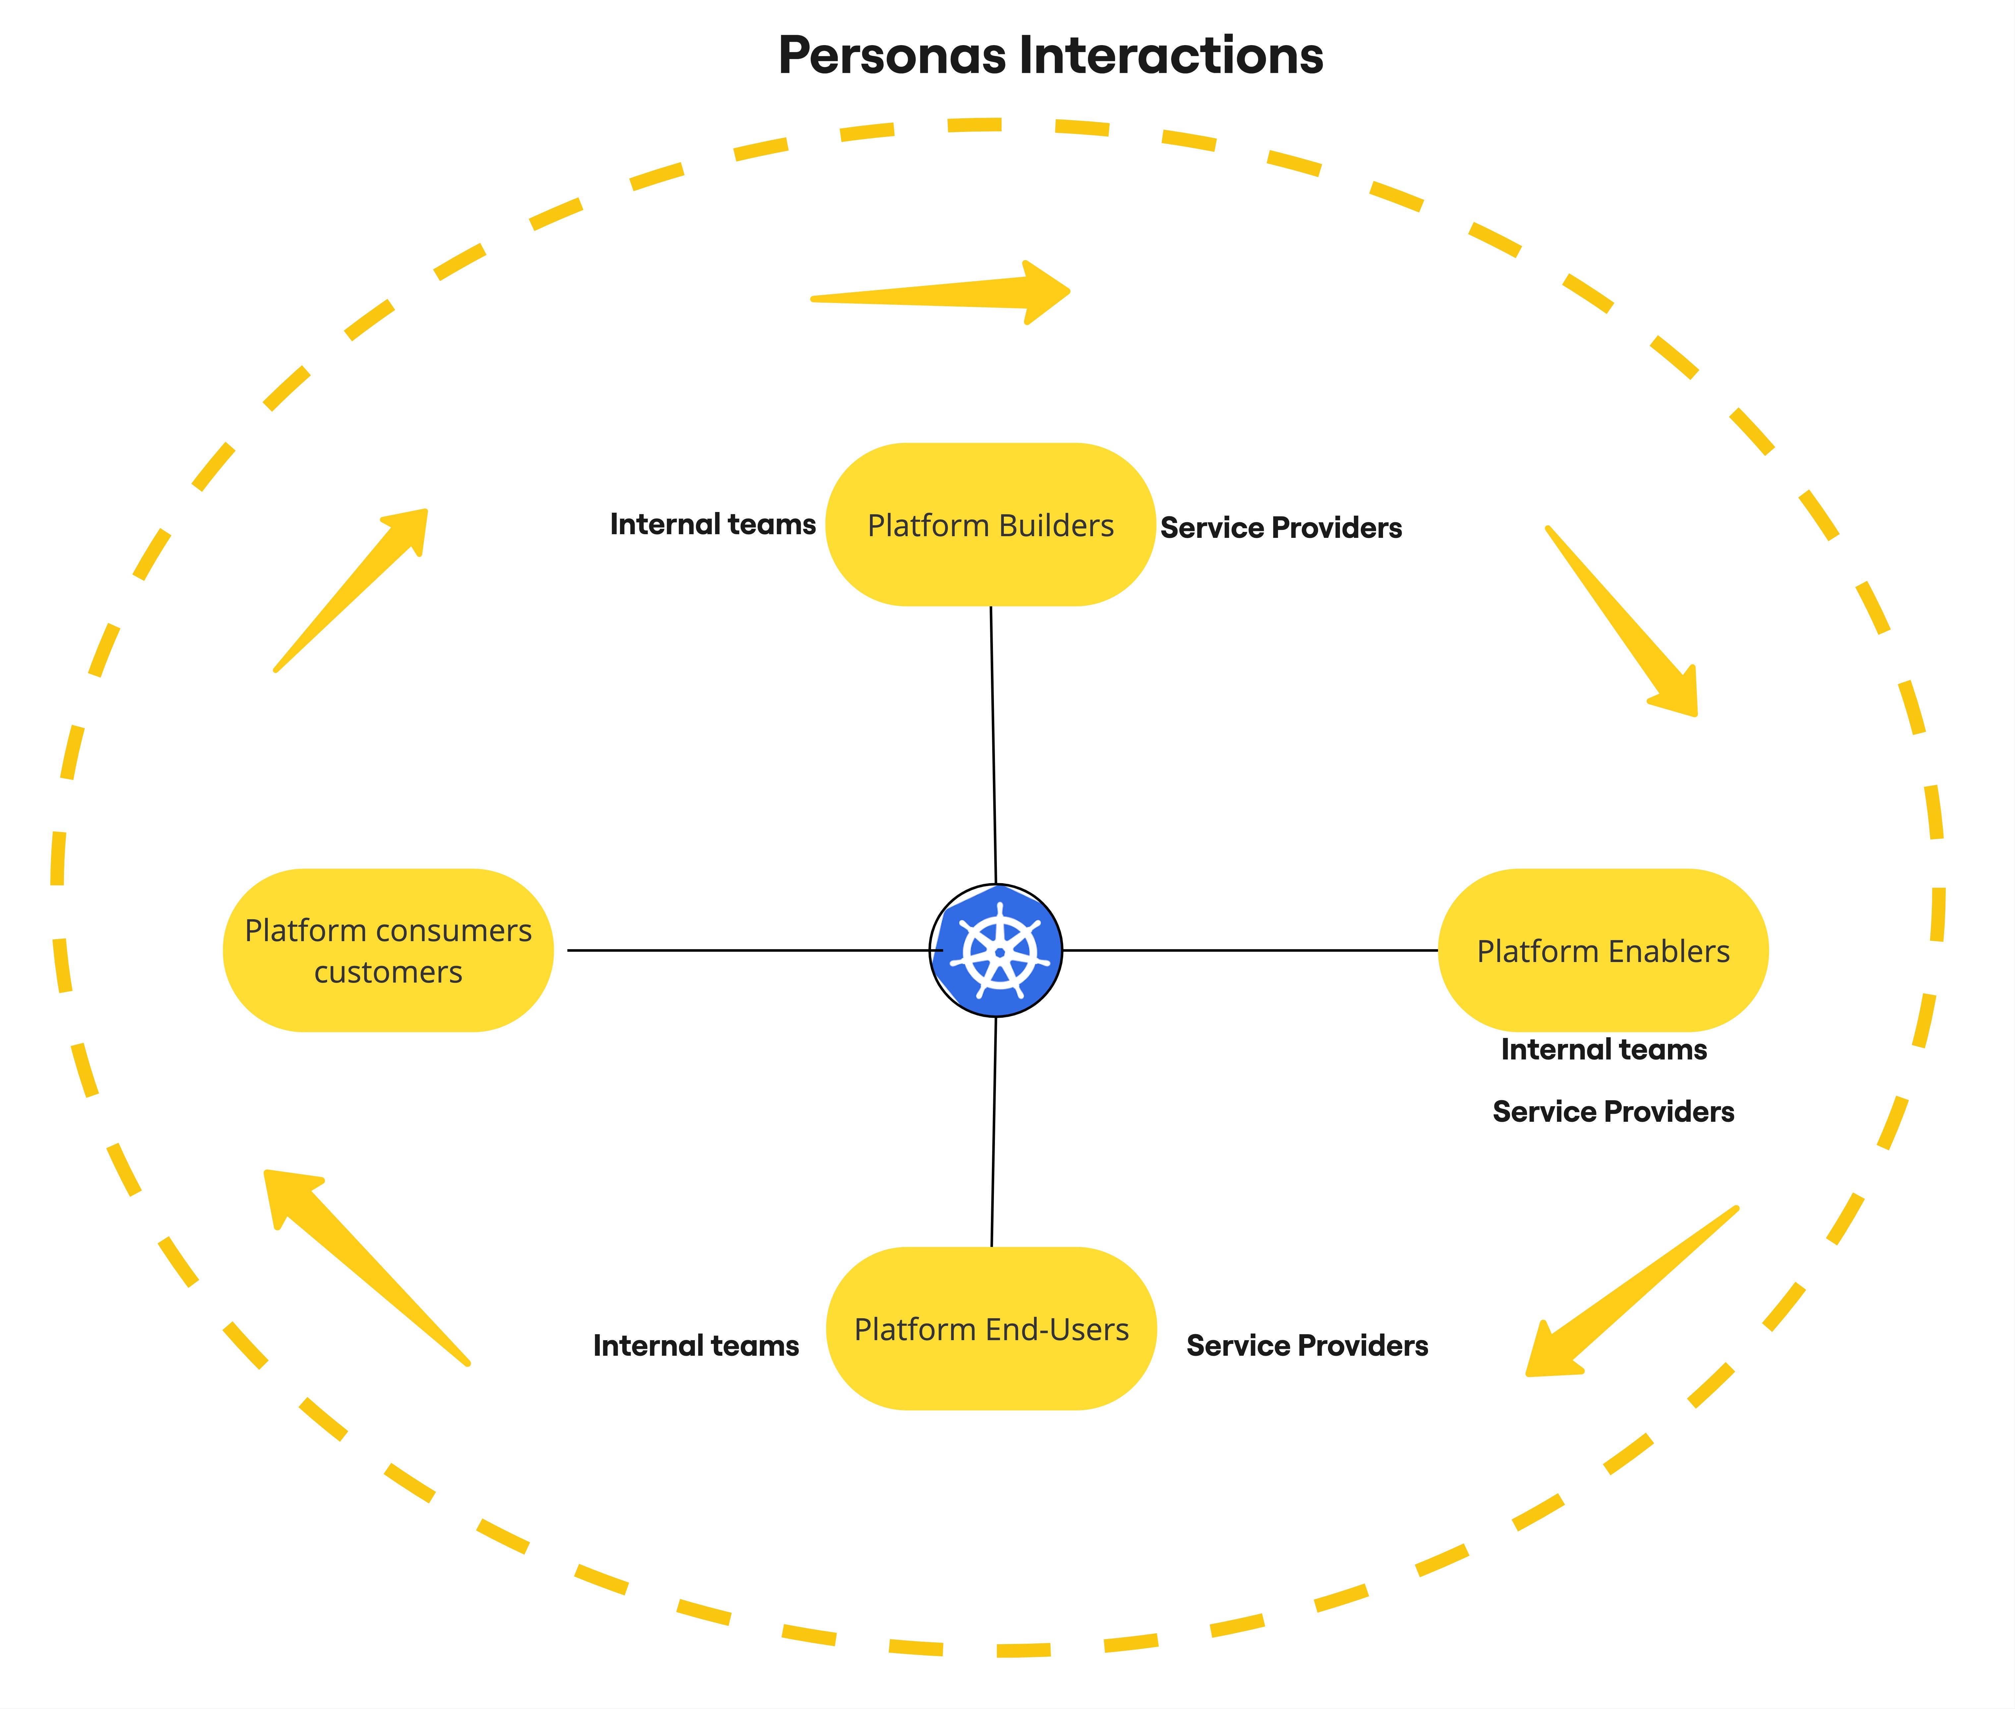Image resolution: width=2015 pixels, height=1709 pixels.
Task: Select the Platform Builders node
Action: click(990, 525)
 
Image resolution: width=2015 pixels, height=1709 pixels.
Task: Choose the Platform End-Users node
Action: click(991, 1329)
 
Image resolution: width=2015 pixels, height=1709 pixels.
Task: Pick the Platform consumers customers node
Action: click(387, 950)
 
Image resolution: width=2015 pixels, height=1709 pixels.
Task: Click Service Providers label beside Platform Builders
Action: click(1281, 528)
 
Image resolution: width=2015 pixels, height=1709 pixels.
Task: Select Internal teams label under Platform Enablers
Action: click(1603, 1049)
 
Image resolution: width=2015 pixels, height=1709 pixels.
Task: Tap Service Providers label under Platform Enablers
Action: click(1613, 1111)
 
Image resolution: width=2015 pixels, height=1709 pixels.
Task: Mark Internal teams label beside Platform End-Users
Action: click(696, 1346)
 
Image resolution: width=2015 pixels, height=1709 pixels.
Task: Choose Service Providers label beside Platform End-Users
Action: click(1307, 1346)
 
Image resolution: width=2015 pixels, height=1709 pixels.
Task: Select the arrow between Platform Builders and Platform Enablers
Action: click(1628, 625)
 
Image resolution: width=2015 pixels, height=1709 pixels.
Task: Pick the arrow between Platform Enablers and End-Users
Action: click(1628, 1293)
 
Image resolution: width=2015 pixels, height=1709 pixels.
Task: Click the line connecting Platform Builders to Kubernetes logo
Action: click(993, 746)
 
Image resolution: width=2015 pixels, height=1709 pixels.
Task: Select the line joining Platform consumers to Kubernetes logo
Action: click(746, 950)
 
